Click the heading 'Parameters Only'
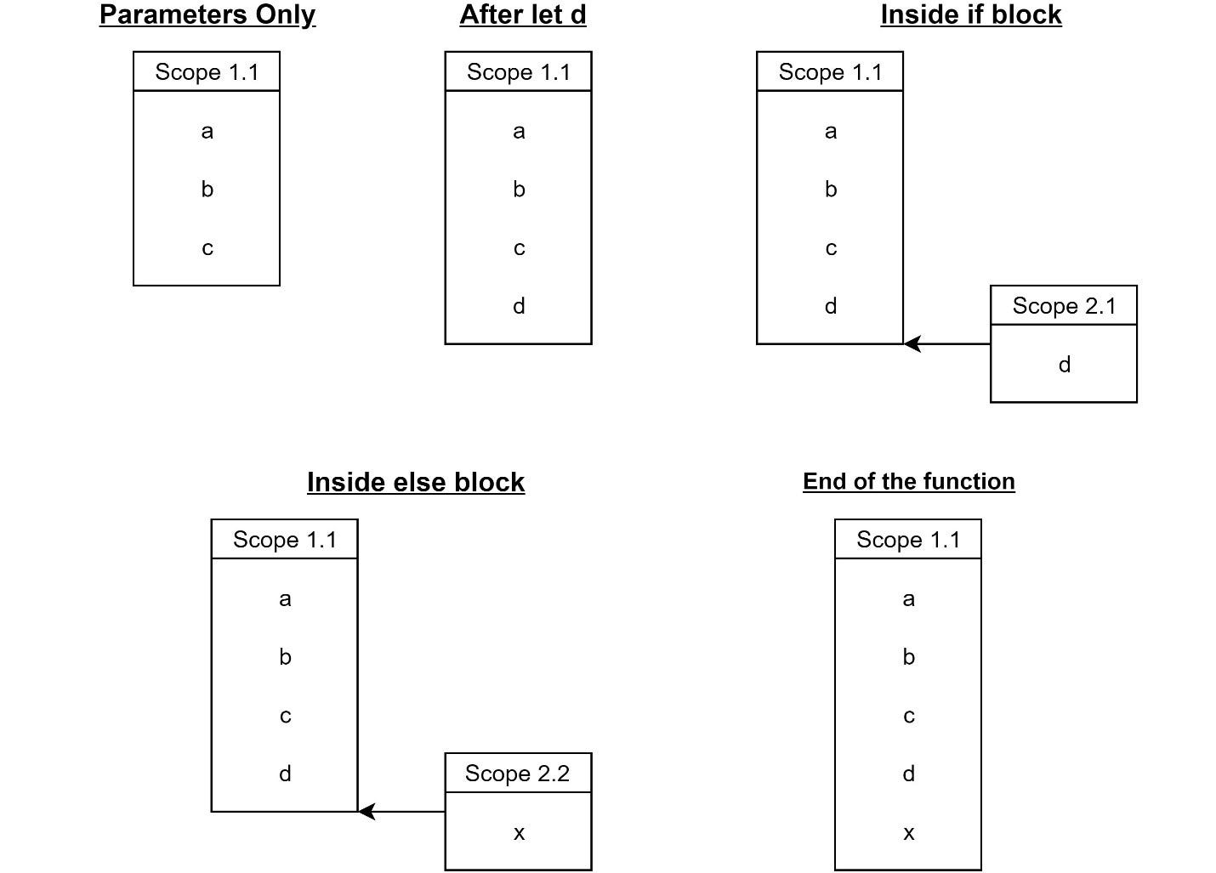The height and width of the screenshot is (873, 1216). (207, 15)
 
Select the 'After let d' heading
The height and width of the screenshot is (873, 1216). (522, 15)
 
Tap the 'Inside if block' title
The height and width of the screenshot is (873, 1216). (970, 15)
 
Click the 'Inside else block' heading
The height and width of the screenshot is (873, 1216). (415, 482)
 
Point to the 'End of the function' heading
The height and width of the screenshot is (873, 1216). (908, 481)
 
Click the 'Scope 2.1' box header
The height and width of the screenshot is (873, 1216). (1063, 306)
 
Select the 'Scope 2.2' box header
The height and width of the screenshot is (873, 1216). (517, 774)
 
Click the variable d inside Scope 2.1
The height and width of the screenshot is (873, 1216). (1064, 365)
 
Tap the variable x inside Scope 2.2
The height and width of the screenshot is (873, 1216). (519, 833)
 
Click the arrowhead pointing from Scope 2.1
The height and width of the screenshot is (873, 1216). (912, 344)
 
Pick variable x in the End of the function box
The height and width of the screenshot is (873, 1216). (908, 833)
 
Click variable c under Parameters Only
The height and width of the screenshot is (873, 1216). (207, 248)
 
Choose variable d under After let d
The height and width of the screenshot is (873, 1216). (519, 306)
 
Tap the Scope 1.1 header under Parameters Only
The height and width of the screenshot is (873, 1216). (207, 72)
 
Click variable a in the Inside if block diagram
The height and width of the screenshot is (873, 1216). (831, 131)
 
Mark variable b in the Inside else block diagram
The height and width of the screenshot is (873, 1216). (285, 657)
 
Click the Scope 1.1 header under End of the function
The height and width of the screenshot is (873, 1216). (908, 540)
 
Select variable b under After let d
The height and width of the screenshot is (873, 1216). (519, 190)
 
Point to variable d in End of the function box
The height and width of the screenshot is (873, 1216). (908, 774)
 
